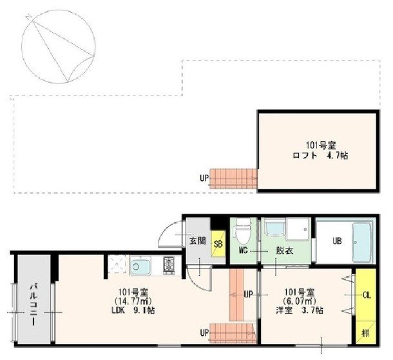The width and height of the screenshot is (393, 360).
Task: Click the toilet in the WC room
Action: [x=242, y=231]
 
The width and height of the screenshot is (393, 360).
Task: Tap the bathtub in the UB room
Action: [x=362, y=242]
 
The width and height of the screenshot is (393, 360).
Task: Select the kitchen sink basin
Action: [x=140, y=266]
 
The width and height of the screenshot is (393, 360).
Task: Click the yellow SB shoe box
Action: [x=218, y=243]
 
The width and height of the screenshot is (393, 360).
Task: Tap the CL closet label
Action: [x=367, y=295]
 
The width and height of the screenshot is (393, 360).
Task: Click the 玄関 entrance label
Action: [x=198, y=241]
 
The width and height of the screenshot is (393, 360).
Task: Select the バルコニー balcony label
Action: [x=34, y=305]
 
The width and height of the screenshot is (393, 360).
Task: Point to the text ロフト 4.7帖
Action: [x=320, y=156]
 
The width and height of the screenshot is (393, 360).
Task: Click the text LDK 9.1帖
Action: [x=133, y=310]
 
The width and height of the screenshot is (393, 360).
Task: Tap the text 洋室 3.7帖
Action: [x=300, y=310]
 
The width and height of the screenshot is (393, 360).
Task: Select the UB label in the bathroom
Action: [x=337, y=241]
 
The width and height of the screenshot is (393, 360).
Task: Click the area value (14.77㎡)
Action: [x=133, y=301]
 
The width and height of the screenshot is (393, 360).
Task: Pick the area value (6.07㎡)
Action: [x=300, y=301]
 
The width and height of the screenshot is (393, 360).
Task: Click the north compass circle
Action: [x=59, y=46]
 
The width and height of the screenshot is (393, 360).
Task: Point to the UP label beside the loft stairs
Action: [x=204, y=178]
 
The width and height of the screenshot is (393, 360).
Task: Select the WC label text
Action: [x=243, y=251]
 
